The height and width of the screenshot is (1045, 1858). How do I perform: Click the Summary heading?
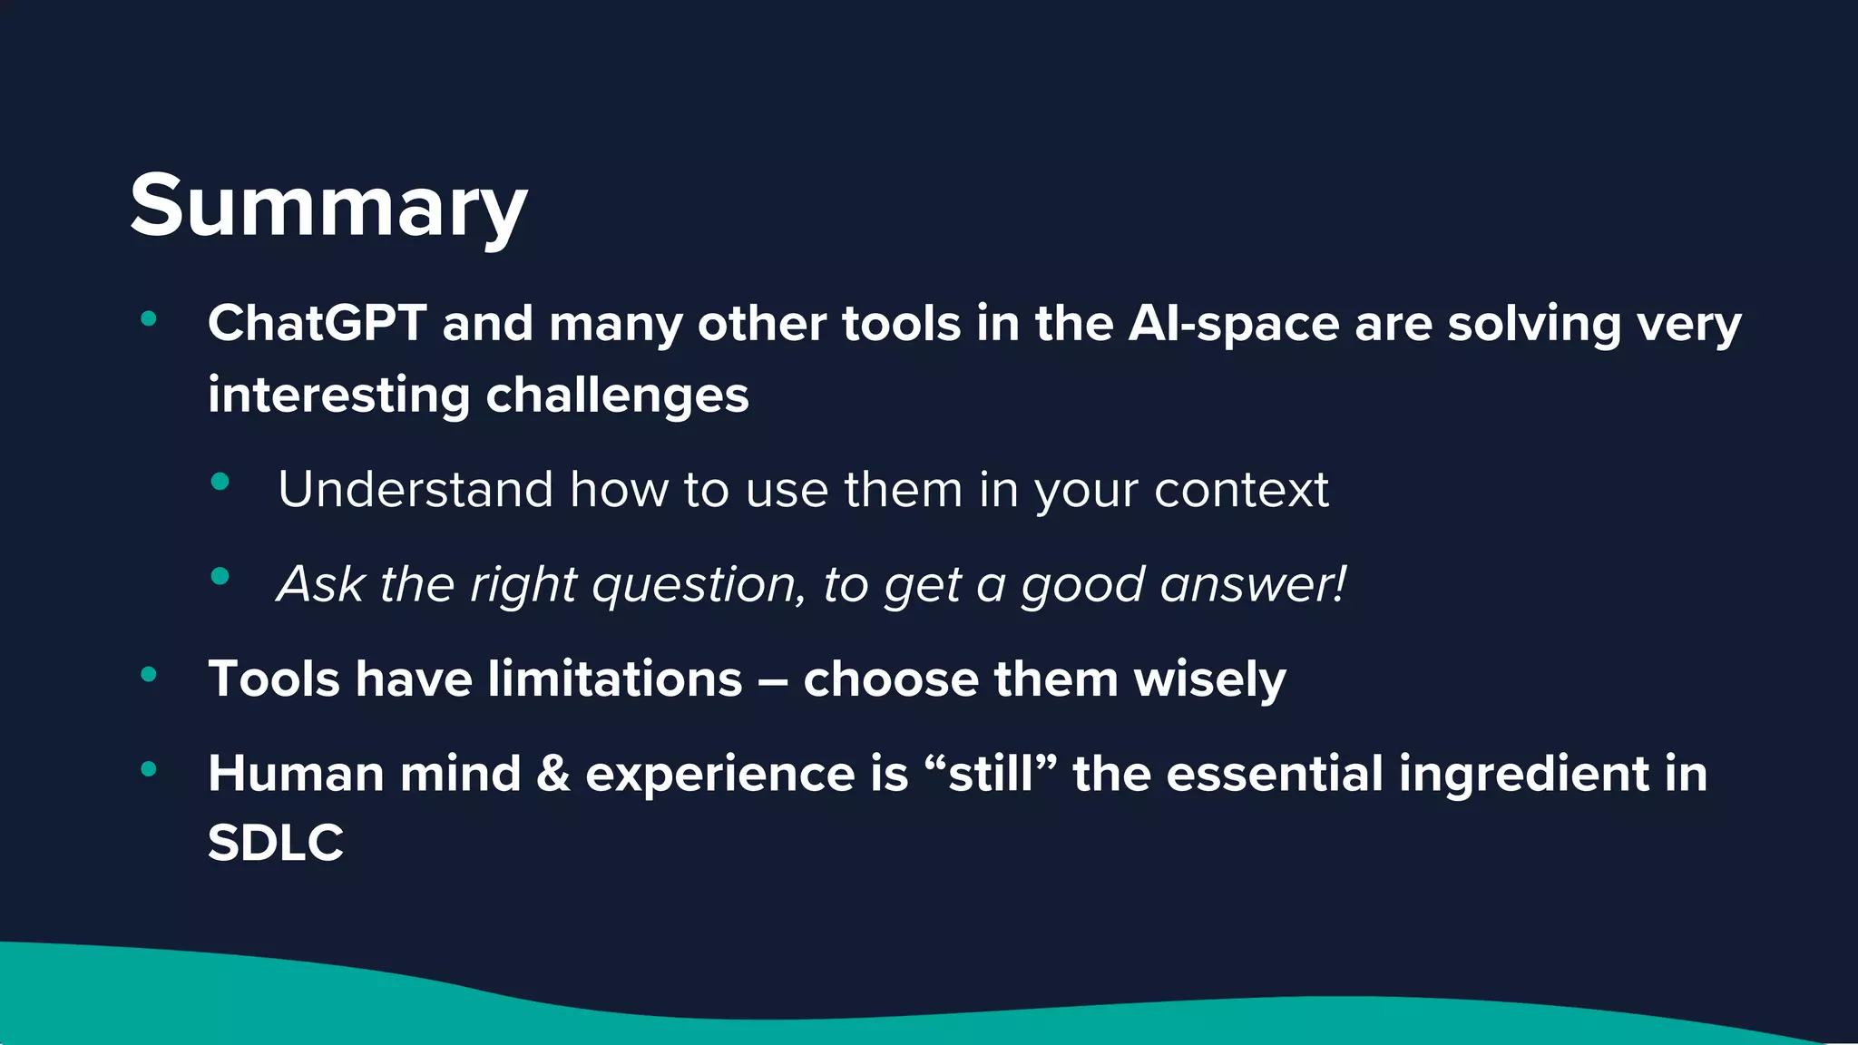click(x=328, y=207)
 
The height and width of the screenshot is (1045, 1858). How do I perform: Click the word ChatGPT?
click(x=317, y=323)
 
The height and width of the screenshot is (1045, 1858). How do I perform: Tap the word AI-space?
click(x=1233, y=325)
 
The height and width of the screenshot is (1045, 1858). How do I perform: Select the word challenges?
click(x=617, y=396)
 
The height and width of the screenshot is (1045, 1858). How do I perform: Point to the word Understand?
click(x=415, y=490)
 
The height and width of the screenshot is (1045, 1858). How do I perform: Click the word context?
click(x=1240, y=491)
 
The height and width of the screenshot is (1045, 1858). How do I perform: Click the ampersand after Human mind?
click(x=553, y=774)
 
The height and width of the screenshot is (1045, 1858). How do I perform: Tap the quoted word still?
click(x=990, y=774)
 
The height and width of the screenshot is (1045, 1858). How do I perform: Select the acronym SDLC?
click(x=275, y=843)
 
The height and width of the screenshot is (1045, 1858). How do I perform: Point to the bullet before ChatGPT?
click(x=149, y=318)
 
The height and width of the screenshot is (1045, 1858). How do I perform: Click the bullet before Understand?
click(x=220, y=482)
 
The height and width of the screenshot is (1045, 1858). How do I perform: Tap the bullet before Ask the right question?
click(x=220, y=576)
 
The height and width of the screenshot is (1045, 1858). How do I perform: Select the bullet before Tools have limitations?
click(x=149, y=674)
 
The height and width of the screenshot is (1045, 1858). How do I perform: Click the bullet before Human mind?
click(x=149, y=769)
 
